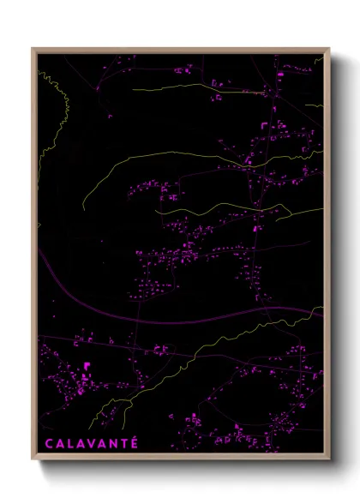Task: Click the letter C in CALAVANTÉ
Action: point(47,443)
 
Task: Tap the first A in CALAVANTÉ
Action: point(58,443)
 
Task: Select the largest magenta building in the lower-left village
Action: point(87,367)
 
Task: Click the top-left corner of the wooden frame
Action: point(33,49)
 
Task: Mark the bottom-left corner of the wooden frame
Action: point(33,460)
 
